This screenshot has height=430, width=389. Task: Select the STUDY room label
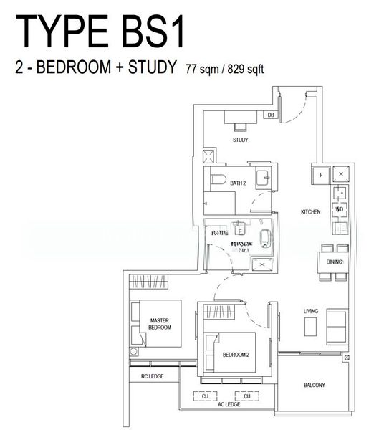[240, 140]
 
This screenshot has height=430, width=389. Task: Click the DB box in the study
[270, 115]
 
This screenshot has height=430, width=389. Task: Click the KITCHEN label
[310, 212]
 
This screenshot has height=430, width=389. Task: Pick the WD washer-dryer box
[340, 209]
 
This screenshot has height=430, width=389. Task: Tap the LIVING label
[311, 311]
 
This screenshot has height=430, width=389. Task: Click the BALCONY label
[314, 385]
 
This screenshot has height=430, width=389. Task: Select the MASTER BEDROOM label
[159, 323]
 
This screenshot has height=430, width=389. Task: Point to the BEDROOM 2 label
[235, 355]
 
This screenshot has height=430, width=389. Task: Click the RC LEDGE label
[152, 376]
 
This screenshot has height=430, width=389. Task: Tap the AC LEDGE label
[229, 405]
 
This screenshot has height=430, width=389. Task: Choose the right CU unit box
[247, 396]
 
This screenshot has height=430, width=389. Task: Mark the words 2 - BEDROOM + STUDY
[95, 68]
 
